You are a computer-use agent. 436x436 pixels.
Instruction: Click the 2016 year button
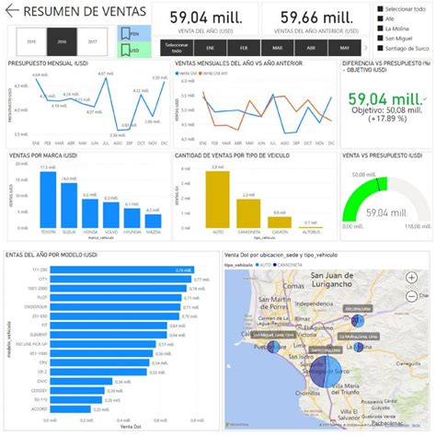point(63,42)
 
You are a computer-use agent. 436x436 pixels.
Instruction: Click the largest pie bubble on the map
point(321,373)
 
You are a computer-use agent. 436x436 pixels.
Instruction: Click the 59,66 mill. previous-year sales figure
point(315,17)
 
